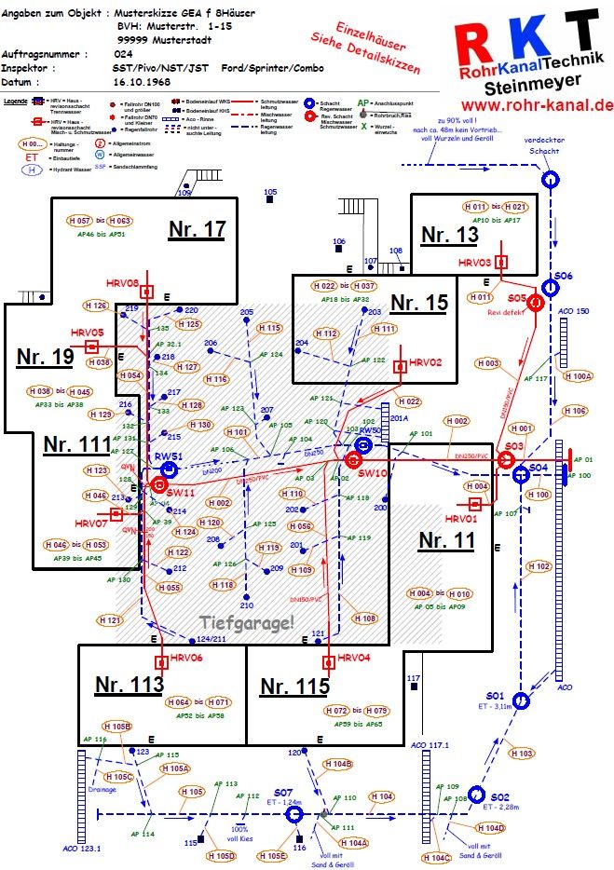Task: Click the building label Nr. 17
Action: pos(197,229)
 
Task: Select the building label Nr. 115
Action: pos(294,687)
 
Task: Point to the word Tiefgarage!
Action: pos(247,622)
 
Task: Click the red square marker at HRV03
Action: pos(501,263)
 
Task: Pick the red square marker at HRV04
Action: pos(328,662)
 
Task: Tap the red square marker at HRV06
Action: pos(160,662)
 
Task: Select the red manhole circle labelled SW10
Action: pos(353,459)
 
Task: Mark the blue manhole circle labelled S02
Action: pos(477,795)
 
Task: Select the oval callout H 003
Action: pos(486,363)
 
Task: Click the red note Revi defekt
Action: pos(508,314)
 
